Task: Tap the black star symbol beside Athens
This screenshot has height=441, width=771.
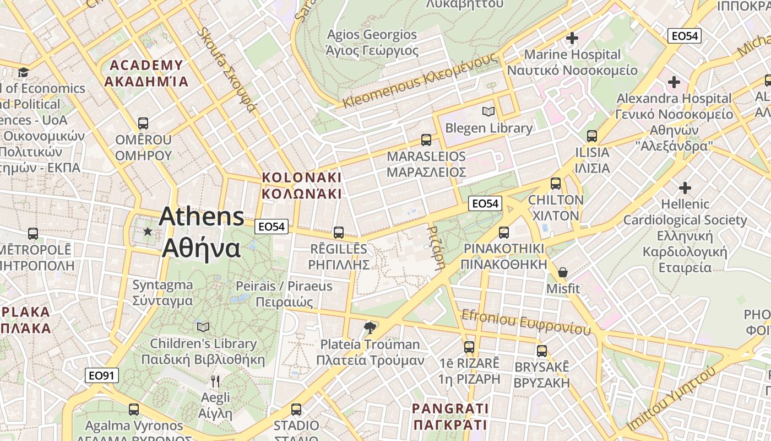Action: pyautogui.click(x=147, y=232)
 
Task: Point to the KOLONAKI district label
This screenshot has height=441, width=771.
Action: pyautogui.click(x=302, y=186)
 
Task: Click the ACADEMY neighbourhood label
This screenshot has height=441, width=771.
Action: pyautogui.click(x=146, y=73)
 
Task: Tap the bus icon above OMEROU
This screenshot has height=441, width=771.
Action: pyautogui.click(x=143, y=123)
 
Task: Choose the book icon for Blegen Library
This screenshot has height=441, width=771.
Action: pyautogui.click(x=488, y=112)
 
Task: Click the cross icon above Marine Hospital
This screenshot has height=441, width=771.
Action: pyautogui.click(x=572, y=38)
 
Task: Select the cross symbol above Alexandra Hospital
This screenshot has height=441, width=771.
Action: pyautogui.click(x=674, y=83)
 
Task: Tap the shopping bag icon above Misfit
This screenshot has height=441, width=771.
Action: pyautogui.click(x=562, y=272)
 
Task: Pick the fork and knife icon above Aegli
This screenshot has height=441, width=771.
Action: pyautogui.click(x=215, y=381)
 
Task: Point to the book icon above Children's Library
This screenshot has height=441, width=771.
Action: pyautogui.click(x=203, y=327)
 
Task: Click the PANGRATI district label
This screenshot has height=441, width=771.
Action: pyautogui.click(x=450, y=416)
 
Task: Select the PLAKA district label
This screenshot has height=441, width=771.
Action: pyautogui.click(x=25, y=320)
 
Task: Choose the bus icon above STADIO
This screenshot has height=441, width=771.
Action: pyautogui.click(x=296, y=409)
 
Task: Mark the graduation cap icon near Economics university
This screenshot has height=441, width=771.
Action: pyautogui.click(x=23, y=72)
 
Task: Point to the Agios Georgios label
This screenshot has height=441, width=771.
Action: pyautogui.click(x=372, y=42)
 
